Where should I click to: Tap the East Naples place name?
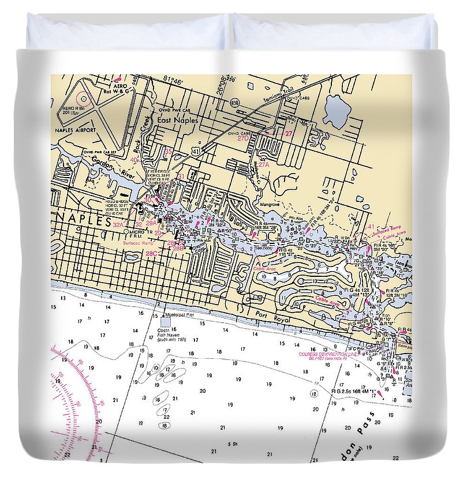(178, 121)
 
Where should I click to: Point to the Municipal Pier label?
(178, 315)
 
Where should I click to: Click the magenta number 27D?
(242, 138)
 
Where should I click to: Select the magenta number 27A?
(264, 164)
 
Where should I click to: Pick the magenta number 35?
(169, 152)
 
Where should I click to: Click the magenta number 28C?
(151, 253)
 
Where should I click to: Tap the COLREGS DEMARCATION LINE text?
(327, 354)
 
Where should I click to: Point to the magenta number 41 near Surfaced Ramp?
(371, 227)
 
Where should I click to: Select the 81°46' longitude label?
(173, 81)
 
